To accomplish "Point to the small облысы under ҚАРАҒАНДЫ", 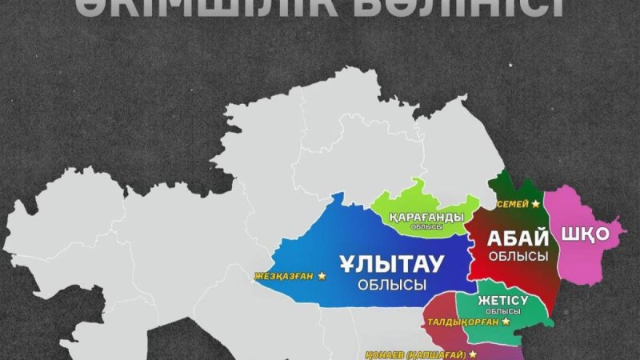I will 427,227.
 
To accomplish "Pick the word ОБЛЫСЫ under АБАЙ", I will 518,256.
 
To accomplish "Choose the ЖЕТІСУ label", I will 501,301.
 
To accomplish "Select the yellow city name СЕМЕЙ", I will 513,205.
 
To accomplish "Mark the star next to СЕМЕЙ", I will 536,205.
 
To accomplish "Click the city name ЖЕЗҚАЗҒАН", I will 284,276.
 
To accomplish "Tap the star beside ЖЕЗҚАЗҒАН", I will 322,276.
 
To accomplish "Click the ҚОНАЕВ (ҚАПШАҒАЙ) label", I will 411,354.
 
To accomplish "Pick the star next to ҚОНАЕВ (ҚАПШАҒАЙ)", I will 473,354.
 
